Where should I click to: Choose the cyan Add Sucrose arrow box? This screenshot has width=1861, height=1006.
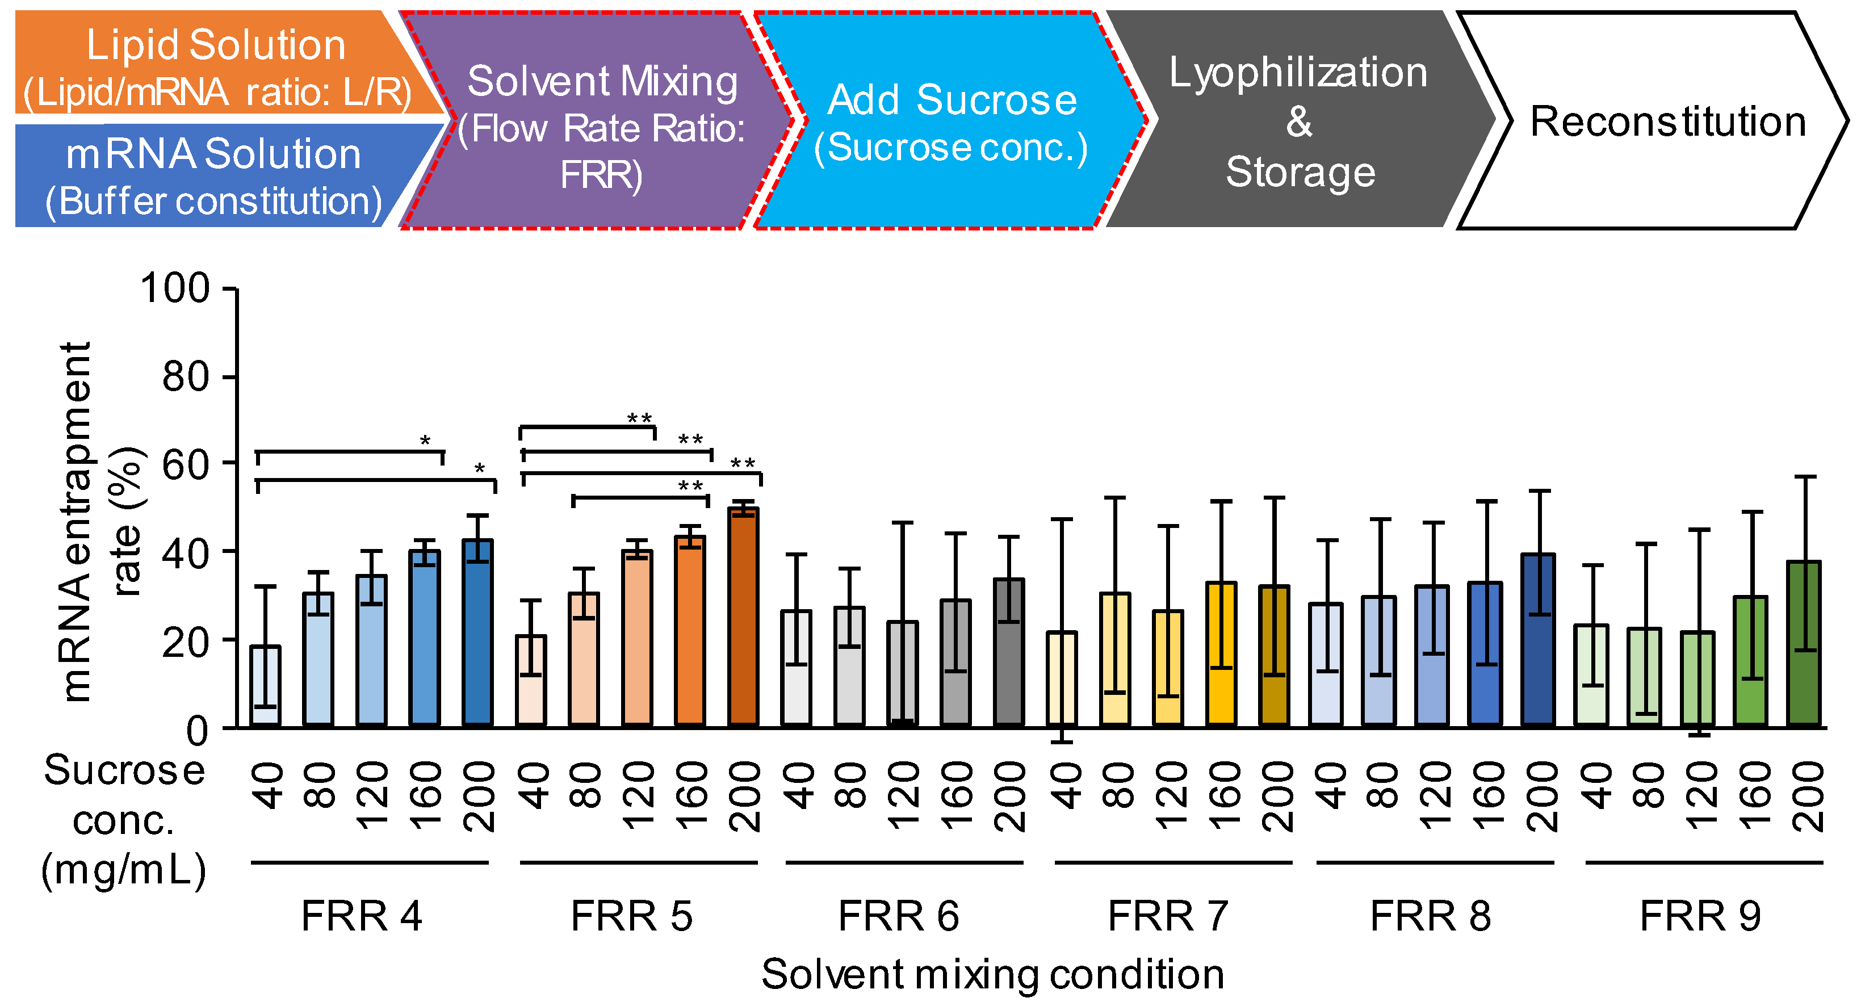coord(950,123)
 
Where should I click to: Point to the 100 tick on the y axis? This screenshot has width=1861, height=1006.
coord(175,288)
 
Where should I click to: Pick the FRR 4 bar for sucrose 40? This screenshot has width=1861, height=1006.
coord(265,686)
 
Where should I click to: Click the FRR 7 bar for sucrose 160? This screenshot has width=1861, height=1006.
coord(1222,654)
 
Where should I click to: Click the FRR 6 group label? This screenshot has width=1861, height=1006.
coord(899,916)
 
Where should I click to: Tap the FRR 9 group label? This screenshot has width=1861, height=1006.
coord(1700,916)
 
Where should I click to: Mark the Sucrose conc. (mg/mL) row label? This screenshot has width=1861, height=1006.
coord(124,820)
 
